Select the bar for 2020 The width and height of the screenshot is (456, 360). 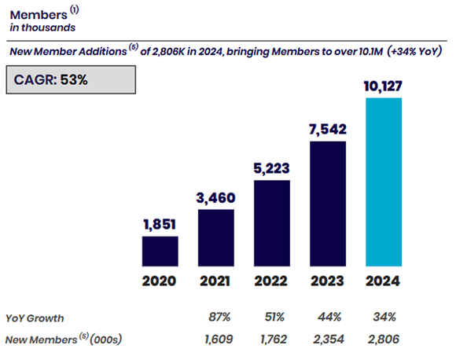pos(160,251)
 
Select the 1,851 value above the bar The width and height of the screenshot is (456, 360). pos(160,225)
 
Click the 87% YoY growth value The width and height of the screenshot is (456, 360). pos(217,318)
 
